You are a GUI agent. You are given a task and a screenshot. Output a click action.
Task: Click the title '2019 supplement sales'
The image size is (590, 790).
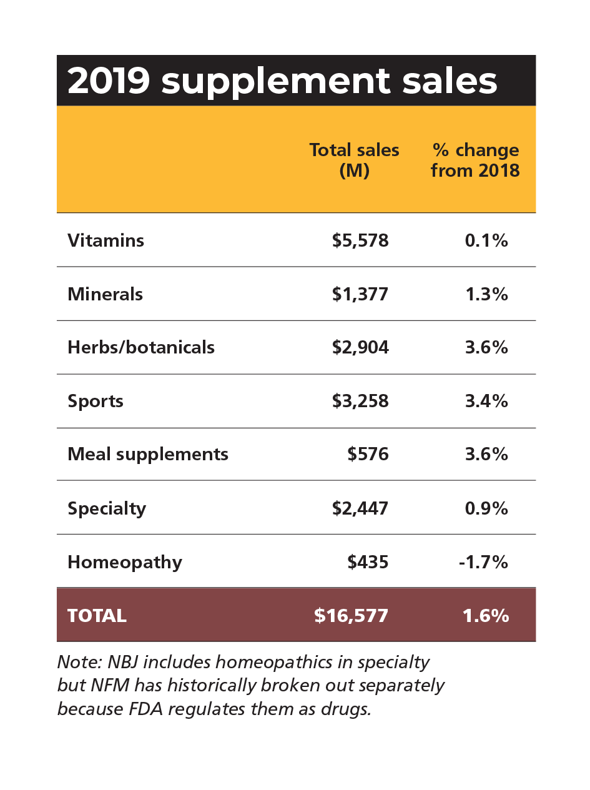coord(282,81)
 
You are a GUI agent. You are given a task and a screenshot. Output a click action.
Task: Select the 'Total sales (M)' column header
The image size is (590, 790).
coord(354,160)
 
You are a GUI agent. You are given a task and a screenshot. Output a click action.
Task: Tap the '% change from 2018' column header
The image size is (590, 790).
coord(475,160)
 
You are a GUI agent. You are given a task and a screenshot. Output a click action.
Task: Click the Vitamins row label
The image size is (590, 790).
coord(106,240)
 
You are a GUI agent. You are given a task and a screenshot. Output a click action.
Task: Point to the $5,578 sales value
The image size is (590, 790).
coord(360,240)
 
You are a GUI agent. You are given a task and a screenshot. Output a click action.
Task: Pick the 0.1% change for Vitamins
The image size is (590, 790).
coord(486,240)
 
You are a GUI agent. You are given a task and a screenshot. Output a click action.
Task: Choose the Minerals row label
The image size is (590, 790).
coord(105,294)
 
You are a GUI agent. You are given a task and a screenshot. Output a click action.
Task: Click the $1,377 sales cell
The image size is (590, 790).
coord(360,294)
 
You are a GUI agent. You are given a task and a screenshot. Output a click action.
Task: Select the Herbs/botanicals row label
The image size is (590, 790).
coord(141,347)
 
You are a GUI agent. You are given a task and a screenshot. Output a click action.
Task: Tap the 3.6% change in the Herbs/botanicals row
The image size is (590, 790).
coord(486,347)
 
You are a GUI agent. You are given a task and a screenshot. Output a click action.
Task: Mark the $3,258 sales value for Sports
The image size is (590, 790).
coord(360,401)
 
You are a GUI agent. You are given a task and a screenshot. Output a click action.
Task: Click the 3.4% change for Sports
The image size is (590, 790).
coord(486,401)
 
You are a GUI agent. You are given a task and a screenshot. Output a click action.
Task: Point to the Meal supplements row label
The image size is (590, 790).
coord(148,454)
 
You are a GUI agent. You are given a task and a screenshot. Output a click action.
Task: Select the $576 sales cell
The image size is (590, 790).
coord(368,454)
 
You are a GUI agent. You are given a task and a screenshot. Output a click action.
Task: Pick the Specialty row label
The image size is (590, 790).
coord(107,508)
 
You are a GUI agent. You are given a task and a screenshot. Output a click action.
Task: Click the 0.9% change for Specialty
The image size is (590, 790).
coord(486,508)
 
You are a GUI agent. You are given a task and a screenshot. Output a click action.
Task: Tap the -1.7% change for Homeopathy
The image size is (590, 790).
coord(483,562)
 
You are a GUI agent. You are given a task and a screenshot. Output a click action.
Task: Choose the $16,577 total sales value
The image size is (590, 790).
coord(351,616)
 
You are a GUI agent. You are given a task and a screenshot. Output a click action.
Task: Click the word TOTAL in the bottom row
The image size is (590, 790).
coord(97,616)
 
